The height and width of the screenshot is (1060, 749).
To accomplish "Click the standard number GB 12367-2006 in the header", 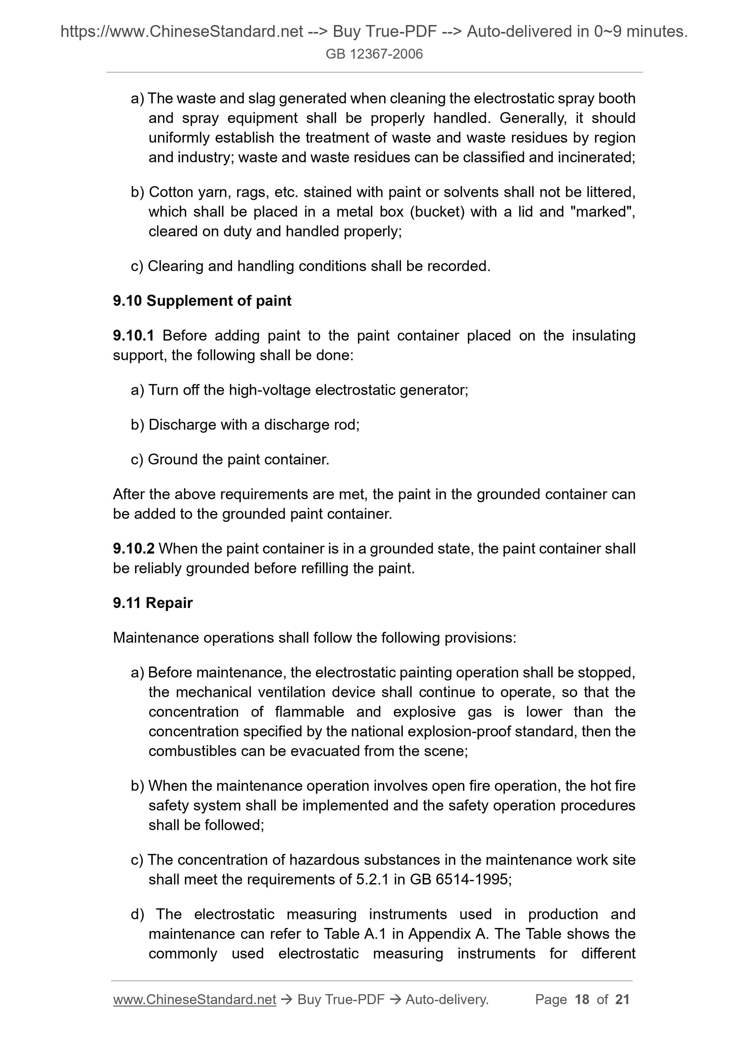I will click(374, 54).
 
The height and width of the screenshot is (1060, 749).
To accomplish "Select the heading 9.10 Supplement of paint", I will click(202, 301).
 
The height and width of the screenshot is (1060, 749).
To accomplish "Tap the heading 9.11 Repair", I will click(153, 603).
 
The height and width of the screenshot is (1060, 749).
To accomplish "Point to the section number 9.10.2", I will click(134, 549).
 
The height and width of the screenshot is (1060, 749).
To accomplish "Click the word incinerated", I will click(596, 158).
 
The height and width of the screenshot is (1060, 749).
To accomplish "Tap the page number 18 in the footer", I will click(582, 1000).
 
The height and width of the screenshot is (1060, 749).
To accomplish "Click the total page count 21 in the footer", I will click(622, 1000).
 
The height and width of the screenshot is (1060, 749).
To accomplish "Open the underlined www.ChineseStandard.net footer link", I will click(194, 1000).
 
